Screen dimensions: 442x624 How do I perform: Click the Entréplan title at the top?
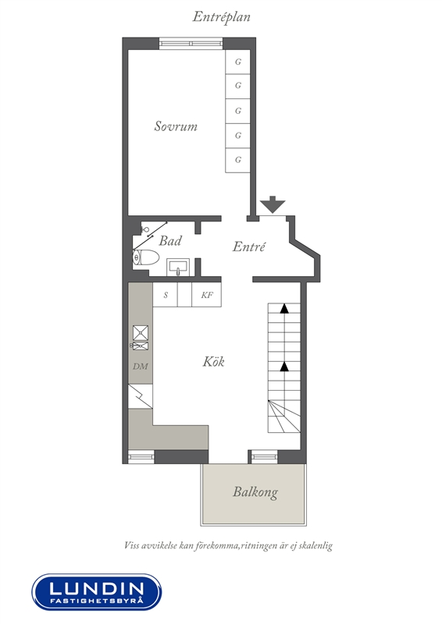(221, 16)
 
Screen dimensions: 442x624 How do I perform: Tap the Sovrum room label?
(176, 126)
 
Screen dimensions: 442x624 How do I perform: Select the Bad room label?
(170, 240)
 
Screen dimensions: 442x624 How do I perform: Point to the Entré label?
(248, 246)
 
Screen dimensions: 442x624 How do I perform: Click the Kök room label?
(213, 361)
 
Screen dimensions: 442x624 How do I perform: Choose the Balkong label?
(255, 492)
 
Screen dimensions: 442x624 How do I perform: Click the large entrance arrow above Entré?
(273, 204)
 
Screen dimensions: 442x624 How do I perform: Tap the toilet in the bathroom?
(146, 257)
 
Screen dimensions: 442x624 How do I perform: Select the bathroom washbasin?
(179, 267)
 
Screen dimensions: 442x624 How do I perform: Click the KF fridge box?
(206, 295)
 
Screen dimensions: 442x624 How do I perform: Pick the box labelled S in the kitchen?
(166, 295)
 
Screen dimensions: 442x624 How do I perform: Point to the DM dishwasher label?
(141, 367)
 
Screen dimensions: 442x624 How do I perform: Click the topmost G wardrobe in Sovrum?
(238, 62)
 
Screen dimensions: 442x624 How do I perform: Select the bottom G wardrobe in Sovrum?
(238, 160)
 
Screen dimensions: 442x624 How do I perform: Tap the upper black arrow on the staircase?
(284, 308)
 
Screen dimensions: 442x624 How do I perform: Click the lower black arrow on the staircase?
(284, 367)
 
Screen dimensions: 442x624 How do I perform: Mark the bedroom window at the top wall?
(191, 44)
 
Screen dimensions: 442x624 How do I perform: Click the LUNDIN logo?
(97, 592)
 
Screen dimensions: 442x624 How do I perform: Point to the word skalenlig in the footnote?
(315, 545)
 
